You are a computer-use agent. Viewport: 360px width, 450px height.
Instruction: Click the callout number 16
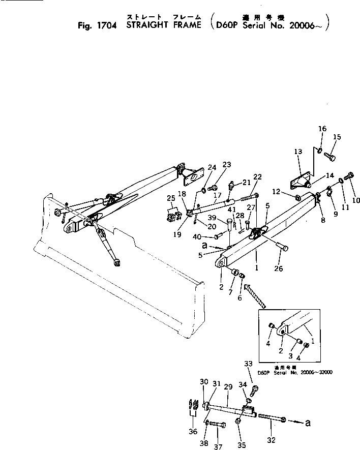[x=322, y=129]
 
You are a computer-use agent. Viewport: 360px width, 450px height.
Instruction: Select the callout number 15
[x=337, y=137]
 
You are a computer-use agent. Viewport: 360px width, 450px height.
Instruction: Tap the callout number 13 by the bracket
[x=298, y=152]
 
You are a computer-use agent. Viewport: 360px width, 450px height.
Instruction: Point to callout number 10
[x=356, y=200]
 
